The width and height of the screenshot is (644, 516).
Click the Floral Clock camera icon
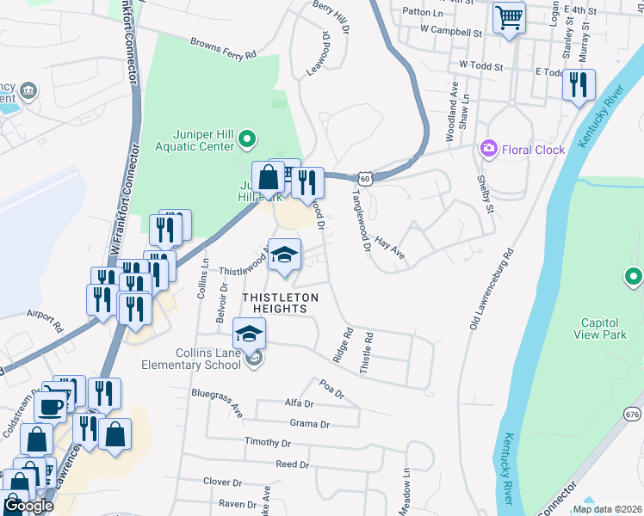pyautogui.click(x=489, y=150)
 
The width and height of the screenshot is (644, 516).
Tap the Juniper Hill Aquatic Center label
pyautogui.click(x=187, y=139)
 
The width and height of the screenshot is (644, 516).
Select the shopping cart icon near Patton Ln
pyautogui.click(x=509, y=16)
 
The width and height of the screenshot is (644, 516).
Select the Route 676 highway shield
pyautogui.click(x=633, y=415)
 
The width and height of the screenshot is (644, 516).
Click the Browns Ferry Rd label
pyautogui.click(x=224, y=47)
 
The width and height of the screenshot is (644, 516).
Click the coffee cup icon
pyautogui.click(x=51, y=406)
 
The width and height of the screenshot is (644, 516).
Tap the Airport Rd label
pyautogui.click(x=46, y=322)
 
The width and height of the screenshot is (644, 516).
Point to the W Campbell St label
pyautogui.click(x=450, y=31)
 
